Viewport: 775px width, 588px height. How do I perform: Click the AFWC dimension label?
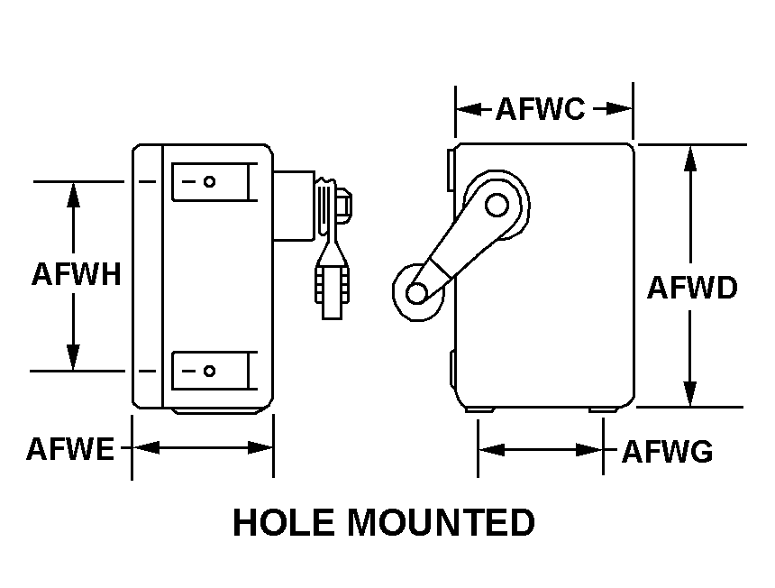click(x=541, y=109)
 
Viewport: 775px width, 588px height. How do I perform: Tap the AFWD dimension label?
click(x=692, y=288)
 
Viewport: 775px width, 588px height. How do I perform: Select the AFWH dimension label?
click(x=76, y=273)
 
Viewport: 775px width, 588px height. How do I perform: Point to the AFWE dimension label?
click(x=70, y=448)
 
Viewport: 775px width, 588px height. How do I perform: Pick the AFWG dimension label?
click(x=667, y=450)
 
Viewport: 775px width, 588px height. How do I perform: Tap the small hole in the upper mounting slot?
click(x=209, y=181)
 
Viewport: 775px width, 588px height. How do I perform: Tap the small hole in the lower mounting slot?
click(x=209, y=371)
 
